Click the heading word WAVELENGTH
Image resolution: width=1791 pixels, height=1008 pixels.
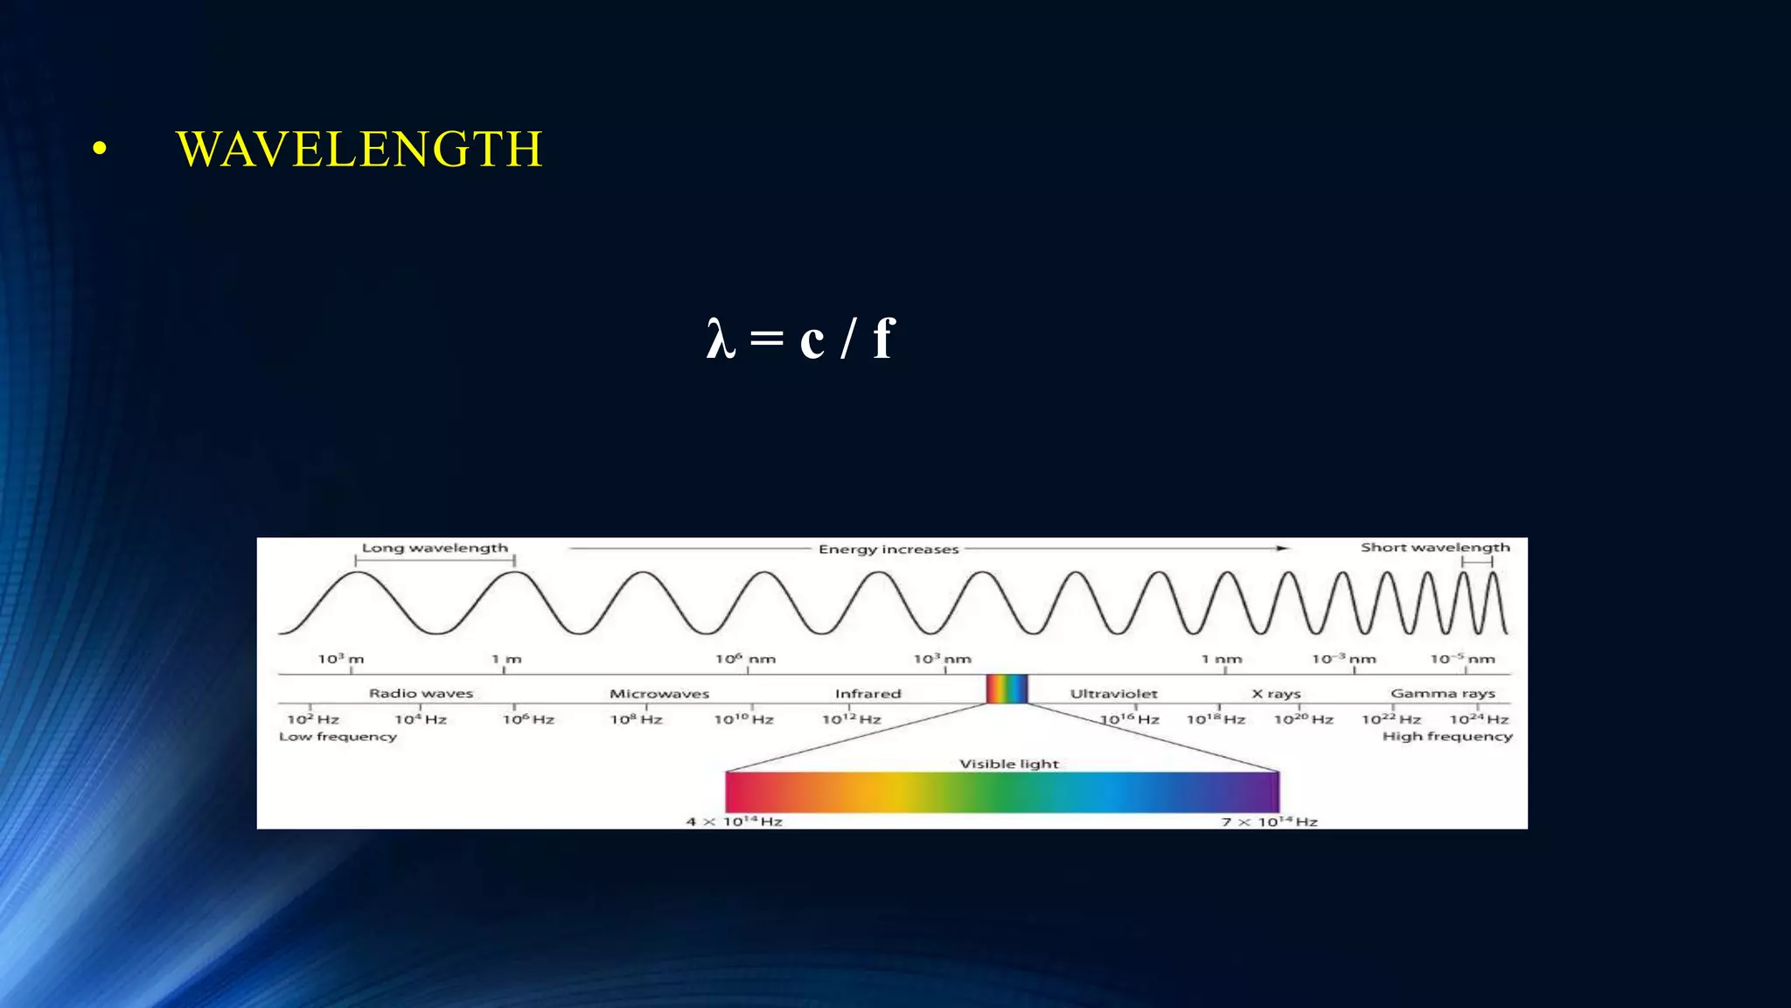(x=359, y=150)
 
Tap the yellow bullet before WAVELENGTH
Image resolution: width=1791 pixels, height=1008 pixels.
(x=100, y=150)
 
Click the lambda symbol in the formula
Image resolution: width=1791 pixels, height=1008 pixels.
(x=721, y=339)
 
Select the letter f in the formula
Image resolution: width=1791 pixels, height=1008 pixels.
(x=883, y=338)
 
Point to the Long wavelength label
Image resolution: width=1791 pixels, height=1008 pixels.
(x=435, y=548)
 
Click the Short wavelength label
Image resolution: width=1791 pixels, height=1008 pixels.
(x=1435, y=548)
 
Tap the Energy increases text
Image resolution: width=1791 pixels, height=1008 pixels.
(x=889, y=549)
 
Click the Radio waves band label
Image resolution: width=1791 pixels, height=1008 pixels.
(x=421, y=693)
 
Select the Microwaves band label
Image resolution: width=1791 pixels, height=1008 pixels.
(x=659, y=694)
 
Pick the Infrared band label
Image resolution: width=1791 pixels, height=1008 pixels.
(x=868, y=694)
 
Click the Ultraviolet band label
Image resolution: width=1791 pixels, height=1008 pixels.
(x=1113, y=694)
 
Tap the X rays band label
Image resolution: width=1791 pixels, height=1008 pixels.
(x=1276, y=694)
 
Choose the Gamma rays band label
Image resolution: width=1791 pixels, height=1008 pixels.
(x=1443, y=693)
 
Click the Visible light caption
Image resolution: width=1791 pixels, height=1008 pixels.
(x=1009, y=764)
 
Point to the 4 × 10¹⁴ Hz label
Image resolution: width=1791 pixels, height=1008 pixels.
(x=734, y=822)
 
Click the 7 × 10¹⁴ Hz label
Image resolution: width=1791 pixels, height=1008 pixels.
(x=1269, y=822)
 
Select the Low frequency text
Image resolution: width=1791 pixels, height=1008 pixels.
(x=338, y=737)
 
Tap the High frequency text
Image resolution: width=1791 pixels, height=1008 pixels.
(x=1447, y=737)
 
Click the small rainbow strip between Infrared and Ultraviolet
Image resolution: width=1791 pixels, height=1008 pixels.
(x=1007, y=689)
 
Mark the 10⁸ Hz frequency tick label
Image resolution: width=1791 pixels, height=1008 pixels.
(x=636, y=719)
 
